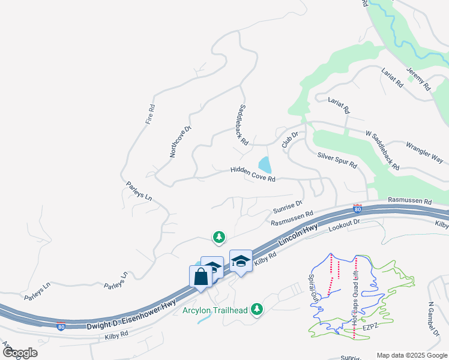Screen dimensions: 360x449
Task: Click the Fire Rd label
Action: (151, 114)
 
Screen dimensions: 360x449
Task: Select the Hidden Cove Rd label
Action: (253, 175)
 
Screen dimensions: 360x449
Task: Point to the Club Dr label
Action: (290, 140)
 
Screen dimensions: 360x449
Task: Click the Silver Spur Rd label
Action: (337, 159)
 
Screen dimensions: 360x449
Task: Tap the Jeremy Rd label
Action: (418, 79)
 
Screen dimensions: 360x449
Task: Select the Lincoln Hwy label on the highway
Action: (298, 234)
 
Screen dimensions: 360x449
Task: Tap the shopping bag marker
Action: (200, 277)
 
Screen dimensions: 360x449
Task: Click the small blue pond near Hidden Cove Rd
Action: (264, 164)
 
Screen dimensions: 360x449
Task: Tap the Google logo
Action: (20, 353)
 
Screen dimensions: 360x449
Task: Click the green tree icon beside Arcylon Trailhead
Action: (258, 308)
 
